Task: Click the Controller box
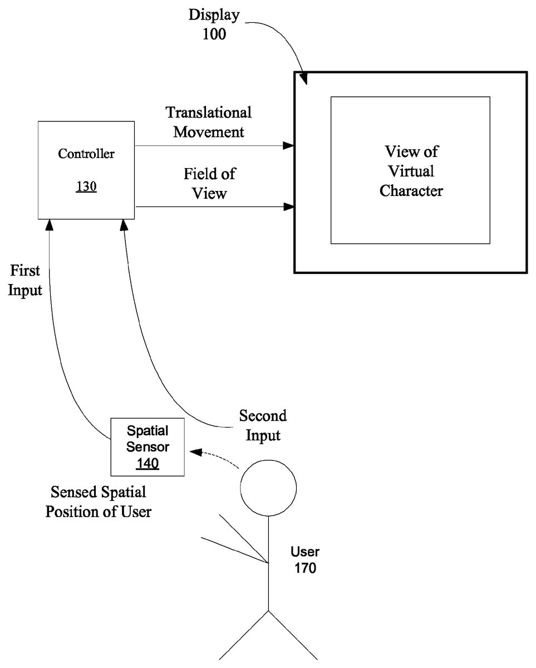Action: click(x=86, y=170)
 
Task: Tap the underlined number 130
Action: click(x=86, y=186)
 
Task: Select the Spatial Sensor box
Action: click(x=147, y=447)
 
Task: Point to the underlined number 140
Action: click(x=148, y=463)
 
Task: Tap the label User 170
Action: click(x=305, y=560)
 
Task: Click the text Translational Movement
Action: click(x=209, y=122)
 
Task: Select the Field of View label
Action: click(x=209, y=183)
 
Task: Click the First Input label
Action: click(x=26, y=281)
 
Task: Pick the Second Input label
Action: click(x=263, y=425)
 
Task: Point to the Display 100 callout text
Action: click(x=214, y=24)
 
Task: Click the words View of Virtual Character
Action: click(x=411, y=171)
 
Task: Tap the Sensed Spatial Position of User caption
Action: click(x=99, y=502)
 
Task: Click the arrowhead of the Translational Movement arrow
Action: click(x=288, y=146)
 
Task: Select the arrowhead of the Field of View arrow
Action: click(x=288, y=207)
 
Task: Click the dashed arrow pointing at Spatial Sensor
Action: click(x=214, y=455)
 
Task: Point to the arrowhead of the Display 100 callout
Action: click(x=303, y=79)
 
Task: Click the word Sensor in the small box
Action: click(x=148, y=446)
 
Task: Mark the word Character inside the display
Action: click(x=411, y=191)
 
